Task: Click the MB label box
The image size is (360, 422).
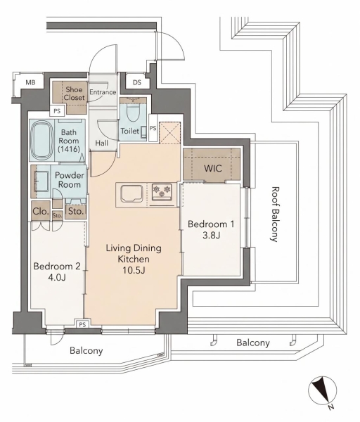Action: (x=30, y=82)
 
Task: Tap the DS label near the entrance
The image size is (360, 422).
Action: (x=137, y=82)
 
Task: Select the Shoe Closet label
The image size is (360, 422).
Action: (x=74, y=94)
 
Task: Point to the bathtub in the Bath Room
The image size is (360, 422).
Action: (x=41, y=140)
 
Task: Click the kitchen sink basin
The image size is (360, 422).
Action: (x=131, y=193)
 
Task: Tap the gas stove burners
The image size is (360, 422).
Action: (x=162, y=192)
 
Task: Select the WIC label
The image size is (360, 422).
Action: (x=213, y=169)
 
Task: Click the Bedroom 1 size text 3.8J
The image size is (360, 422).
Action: (x=211, y=236)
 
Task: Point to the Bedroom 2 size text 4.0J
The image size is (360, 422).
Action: (x=57, y=278)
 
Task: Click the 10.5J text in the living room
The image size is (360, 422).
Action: (x=134, y=270)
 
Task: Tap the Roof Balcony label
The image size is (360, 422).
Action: (x=274, y=215)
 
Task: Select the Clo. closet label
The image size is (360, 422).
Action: (x=41, y=211)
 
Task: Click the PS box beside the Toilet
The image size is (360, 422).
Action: (x=153, y=128)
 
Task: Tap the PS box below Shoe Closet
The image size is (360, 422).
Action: (x=57, y=110)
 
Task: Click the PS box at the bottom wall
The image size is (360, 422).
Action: (x=82, y=324)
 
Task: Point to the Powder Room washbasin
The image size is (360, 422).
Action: (x=42, y=181)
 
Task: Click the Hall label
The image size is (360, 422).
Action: (x=102, y=143)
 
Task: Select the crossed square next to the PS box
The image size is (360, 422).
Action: (x=169, y=133)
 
